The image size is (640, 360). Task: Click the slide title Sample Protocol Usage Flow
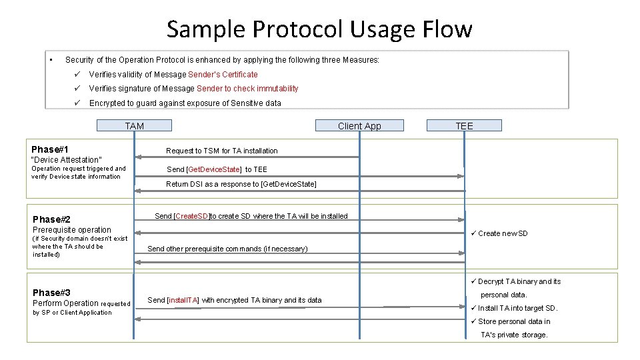point(319,29)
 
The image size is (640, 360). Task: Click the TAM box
point(134,125)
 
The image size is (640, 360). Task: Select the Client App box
point(359,125)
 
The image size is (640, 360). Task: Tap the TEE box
point(464,125)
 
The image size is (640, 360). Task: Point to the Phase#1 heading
point(50,149)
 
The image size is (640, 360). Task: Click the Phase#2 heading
point(51,219)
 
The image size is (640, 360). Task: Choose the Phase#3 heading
point(51,293)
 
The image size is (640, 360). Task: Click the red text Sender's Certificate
point(223,75)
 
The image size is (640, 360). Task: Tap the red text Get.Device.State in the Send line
point(214,169)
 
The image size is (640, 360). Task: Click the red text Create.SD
point(192,216)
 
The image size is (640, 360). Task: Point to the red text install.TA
point(183,300)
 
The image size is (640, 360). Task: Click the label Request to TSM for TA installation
point(221,151)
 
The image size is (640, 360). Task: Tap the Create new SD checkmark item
point(502,233)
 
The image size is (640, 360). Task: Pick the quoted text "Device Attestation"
point(67,160)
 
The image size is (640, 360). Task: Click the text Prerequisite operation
point(72,230)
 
